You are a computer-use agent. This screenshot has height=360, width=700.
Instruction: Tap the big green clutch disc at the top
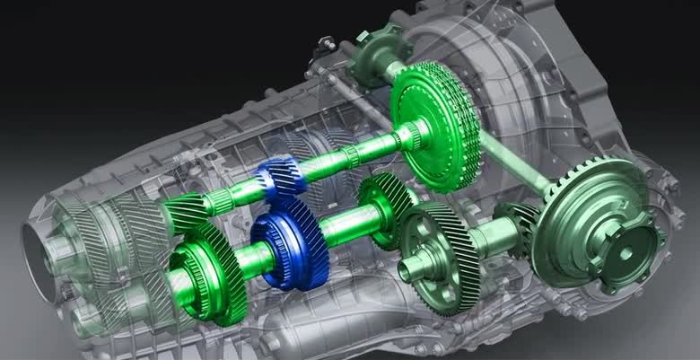coord(438,126)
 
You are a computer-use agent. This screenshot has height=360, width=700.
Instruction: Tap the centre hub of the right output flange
coord(621,253)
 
